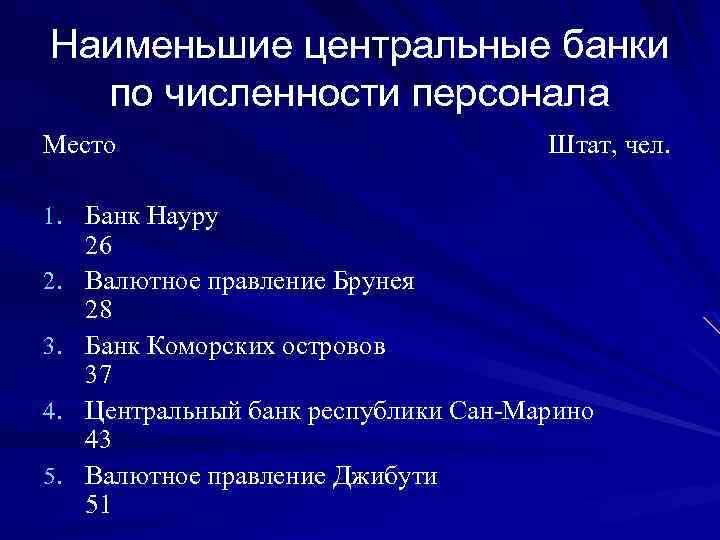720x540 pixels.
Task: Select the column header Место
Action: click(79, 146)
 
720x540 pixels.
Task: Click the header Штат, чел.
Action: click(611, 146)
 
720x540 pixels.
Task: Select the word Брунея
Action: click(371, 281)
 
